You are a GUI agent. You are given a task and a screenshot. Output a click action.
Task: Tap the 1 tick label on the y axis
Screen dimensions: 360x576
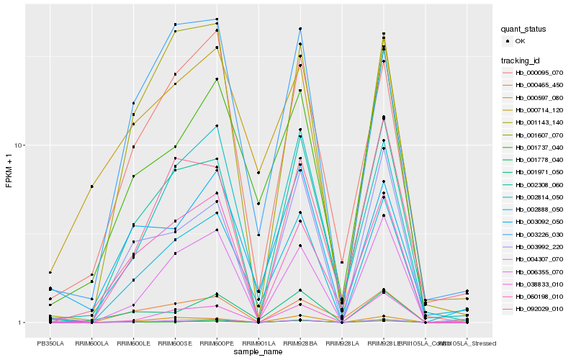22,323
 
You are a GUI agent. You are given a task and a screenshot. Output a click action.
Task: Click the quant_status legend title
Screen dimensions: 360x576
523,29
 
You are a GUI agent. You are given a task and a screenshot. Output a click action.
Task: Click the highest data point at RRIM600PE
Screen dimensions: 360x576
217,19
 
